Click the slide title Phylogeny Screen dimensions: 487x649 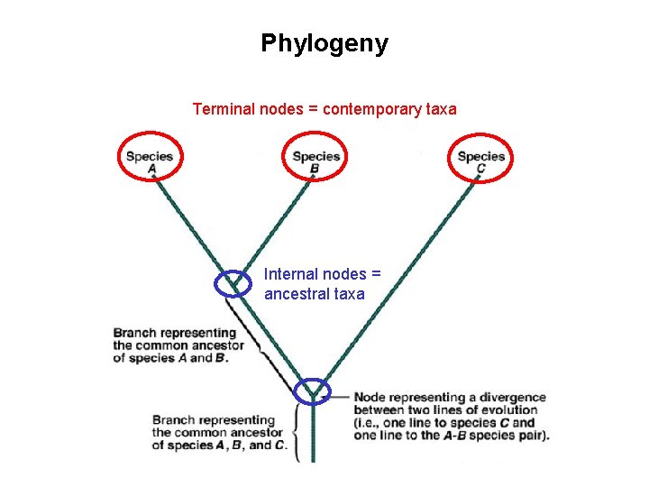pyautogui.click(x=324, y=43)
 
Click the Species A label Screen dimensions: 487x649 pyautogui.click(x=149, y=161)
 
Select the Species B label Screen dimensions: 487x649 pyautogui.click(x=315, y=161)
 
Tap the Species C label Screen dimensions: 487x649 pyautogui.click(x=480, y=161)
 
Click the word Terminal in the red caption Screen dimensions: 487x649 pyautogui.click(x=223, y=109)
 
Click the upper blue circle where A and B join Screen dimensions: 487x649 pyautogui.click(x=233, y=284)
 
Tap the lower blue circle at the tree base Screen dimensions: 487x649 pyautogui.click(x=313, y=391)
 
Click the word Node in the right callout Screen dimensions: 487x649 pyautogui.click(x=370, y=398)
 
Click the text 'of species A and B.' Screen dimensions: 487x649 pyautogui.click(x=171, y=358)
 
